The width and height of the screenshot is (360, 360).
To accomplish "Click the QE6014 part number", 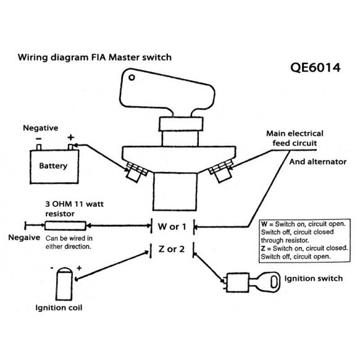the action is [315, 67].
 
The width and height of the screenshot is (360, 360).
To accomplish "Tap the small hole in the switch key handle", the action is [132, 78].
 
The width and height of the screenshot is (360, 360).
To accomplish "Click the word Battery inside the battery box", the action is [53, 165].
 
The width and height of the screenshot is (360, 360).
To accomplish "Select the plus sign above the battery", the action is [71, 137].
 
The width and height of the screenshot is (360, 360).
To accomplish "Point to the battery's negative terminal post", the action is [39, 147].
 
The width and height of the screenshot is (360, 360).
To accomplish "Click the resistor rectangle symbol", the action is [65, 225].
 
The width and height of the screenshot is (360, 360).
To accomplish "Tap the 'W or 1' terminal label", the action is [172, 227].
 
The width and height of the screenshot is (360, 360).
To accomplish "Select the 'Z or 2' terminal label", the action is [171, 249].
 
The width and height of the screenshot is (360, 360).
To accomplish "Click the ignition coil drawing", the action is [64, 284].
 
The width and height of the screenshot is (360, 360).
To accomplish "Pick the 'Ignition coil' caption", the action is [59, 308].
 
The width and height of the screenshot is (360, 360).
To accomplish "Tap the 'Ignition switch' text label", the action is [314, 278].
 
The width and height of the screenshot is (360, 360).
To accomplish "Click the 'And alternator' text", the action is [317, 162].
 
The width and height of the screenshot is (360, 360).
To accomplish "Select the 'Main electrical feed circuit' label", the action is [295, 138].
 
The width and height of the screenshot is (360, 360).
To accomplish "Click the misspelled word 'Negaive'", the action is [24, 237].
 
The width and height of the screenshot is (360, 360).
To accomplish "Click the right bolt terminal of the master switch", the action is [221, 172].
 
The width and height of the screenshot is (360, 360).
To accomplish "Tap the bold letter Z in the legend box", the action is [263, 248].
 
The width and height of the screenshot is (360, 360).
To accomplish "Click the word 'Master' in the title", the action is [124, 57].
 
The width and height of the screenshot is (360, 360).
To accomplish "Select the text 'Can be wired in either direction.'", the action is [69, 243].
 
